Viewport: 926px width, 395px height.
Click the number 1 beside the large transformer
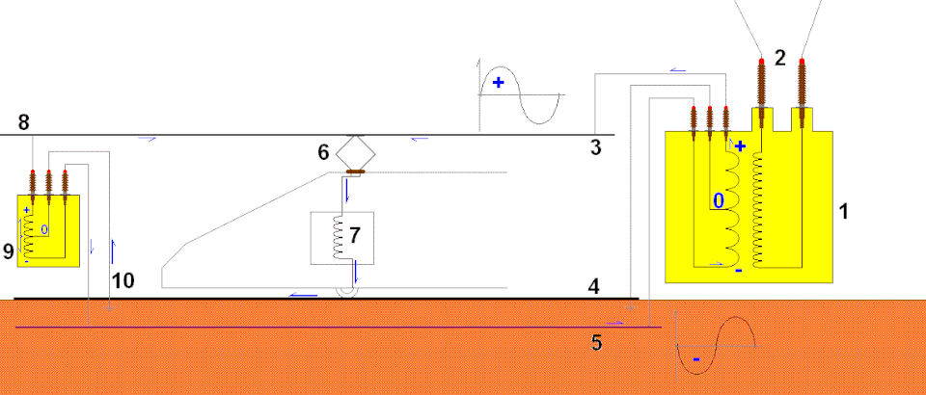[x=844, y=211]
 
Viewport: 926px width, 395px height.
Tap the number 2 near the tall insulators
[x=780, y=58]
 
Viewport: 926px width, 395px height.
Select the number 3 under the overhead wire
[x=595, y=147]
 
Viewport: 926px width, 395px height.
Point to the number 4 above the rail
[x=593, y=287]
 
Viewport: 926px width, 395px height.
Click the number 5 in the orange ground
[x=596, y=343]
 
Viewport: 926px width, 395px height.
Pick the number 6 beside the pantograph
[x=323, y=152]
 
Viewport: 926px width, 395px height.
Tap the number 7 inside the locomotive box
[x=354, y=235]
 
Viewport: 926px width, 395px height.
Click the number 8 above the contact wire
[x=23, y=122]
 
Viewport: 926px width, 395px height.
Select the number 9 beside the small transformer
[x=9, y=251]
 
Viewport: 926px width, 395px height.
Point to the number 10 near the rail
[x=123, y=280]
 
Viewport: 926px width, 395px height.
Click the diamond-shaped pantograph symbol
[x=355, y=152]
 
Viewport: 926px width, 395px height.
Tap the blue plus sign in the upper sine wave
[x=499, y=83]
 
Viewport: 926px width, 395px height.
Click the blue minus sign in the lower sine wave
[x=696, y=359]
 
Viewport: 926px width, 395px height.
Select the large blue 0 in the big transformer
[x=718, y=201]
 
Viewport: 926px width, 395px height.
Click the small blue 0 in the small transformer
[x=44, y=229]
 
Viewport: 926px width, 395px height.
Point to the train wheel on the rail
[x=346, y=291]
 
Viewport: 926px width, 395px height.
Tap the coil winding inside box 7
[x=339, y=237]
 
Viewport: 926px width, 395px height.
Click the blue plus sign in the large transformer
[x=740, y=146]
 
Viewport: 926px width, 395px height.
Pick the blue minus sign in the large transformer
[x=738, y=271]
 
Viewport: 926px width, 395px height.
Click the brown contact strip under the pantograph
[x=356, y=172]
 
